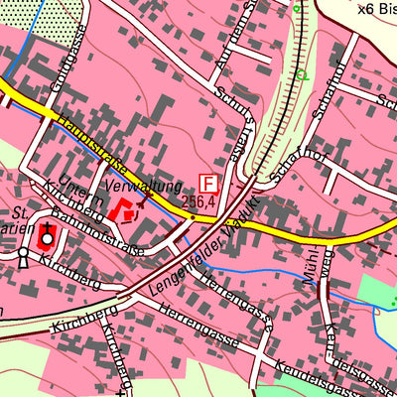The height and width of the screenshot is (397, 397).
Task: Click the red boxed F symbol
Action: pos(208,184)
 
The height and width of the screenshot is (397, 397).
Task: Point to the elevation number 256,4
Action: pos(199,202)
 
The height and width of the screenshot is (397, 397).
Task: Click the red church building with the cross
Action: pos(47,237)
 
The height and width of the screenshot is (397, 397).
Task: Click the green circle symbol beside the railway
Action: pos(301,74)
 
